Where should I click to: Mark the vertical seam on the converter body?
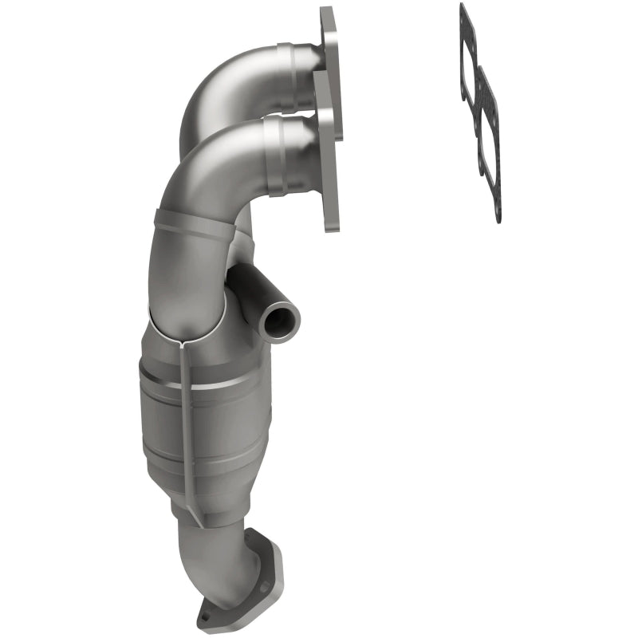[186, 415]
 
